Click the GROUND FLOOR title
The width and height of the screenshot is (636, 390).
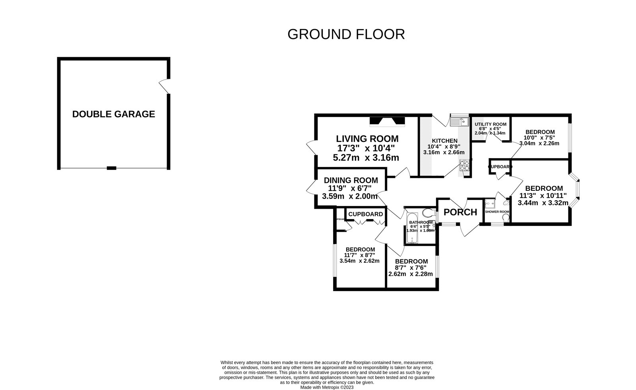click(346, 35)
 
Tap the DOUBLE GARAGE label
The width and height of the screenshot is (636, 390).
click(113, 114)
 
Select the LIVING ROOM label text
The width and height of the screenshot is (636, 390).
click(367, 139)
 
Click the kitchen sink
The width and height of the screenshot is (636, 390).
click(460, 120)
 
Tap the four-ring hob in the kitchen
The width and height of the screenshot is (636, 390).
click(465, 165)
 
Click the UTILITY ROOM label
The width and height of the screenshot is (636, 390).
click(491, 124)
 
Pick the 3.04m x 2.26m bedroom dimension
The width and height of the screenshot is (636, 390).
click(539, 144)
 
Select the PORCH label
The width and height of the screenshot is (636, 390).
click(460, 212)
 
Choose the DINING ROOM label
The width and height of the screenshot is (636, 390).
click(351, 180)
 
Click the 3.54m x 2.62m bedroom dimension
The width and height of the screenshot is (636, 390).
click(359, 261)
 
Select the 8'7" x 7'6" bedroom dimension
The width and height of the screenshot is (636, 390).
click(411, 268)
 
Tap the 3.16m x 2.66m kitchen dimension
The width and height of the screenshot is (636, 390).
click(444, 152)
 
